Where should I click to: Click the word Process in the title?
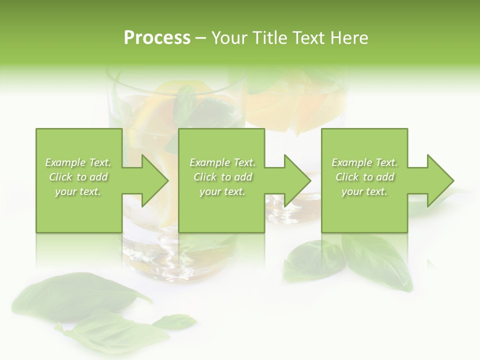157,38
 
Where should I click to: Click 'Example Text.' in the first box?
78,162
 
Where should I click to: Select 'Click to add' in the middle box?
222,177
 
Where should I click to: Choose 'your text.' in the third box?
364,191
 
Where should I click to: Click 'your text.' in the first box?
78,191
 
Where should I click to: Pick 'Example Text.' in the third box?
364,162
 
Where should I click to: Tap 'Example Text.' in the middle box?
222,162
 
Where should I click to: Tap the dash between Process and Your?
201,38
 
